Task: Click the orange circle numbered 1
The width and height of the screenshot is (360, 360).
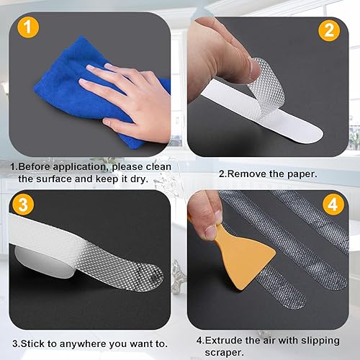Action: pyautogui.click(x=28, y=27)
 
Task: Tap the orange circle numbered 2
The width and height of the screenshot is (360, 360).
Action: pyautogui.click(x=329, y=30)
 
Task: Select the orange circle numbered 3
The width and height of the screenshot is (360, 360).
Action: pyautogui.click(x=23, y=204)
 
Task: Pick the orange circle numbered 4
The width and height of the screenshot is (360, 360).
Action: pyautogui.click(x=333, y=204)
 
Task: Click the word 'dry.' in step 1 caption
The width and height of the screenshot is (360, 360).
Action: pyautogui.click(x=140, y=179)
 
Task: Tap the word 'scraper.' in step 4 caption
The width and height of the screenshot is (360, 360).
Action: pyautogui.click(x=224, y=353)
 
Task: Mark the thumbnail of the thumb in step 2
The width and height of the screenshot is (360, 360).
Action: pyautogui.click(x=254, y=71)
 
